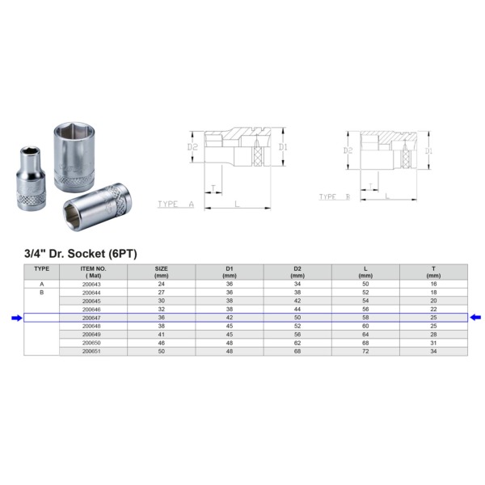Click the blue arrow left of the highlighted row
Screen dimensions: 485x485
coord(17,318)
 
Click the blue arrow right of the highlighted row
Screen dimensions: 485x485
coord(475,318)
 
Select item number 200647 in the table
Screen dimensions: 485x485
coord(91,318)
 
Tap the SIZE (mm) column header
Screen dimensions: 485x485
coord(161,272)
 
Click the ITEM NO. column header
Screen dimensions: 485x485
coord(93,272)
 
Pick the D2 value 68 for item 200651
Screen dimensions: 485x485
coord(297,352)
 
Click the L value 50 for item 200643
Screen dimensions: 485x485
coord(365,284)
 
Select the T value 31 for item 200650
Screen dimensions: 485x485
coord(433,343)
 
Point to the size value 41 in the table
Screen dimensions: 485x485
coord(161,335)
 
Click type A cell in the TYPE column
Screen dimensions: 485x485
coord(42,285)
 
